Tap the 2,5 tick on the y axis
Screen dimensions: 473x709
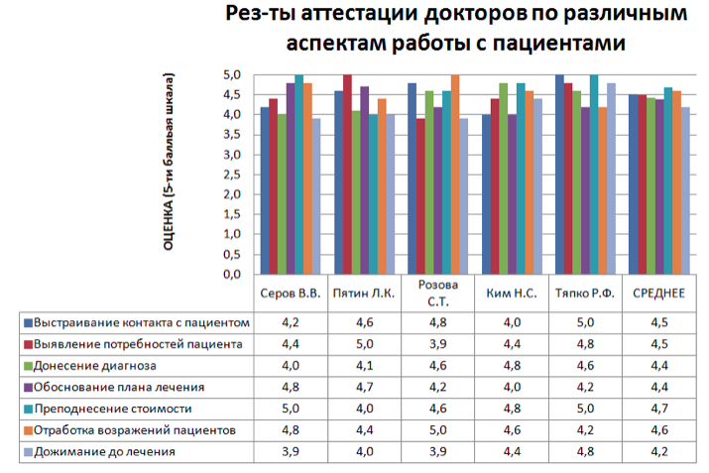pos(232,175)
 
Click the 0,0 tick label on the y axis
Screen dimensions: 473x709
pos(232,275)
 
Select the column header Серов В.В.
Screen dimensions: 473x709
pos(290,294)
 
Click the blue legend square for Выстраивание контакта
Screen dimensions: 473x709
pos(28,323)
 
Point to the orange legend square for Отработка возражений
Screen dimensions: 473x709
pos(28,430)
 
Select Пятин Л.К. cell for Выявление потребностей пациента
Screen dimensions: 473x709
pos(363,344)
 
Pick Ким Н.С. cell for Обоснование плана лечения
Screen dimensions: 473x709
pos(512,388)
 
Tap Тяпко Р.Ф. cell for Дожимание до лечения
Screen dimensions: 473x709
pos(586,452)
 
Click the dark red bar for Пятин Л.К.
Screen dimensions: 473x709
pos(347,175)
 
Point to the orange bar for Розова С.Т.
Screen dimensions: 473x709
pos(455,175)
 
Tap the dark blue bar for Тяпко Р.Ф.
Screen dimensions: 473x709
pos(559,175)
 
